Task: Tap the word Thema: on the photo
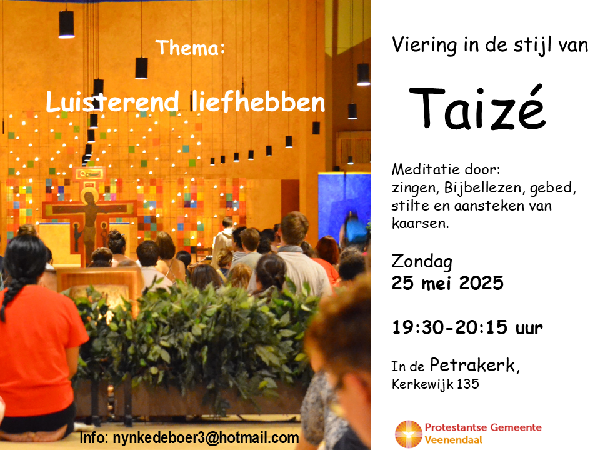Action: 190,48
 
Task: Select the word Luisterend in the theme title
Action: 112,102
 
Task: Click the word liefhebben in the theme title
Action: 258,102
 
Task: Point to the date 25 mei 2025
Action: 447,283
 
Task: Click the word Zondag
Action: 422,262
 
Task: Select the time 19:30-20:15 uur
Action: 467,327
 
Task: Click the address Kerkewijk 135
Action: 435,384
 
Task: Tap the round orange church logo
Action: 408,434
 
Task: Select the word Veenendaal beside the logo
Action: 454,440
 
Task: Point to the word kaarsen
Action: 420,222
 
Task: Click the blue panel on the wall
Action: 344,207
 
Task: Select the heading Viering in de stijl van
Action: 490,45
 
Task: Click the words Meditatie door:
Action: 446,169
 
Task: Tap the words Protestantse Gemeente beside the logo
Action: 483,427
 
